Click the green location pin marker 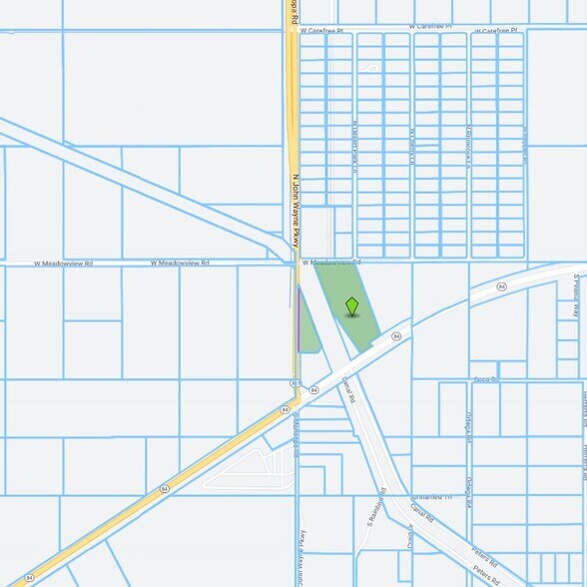pos(351,305)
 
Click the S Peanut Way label pos(577,296)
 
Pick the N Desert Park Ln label pos(353,148)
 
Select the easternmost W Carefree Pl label pos(496,31)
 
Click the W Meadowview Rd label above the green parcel pos(329,264)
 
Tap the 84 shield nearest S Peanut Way pos(502,287)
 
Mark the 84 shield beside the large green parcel pos(396,336)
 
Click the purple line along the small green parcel pos(298,319)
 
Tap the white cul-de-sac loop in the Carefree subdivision pos(370,69)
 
